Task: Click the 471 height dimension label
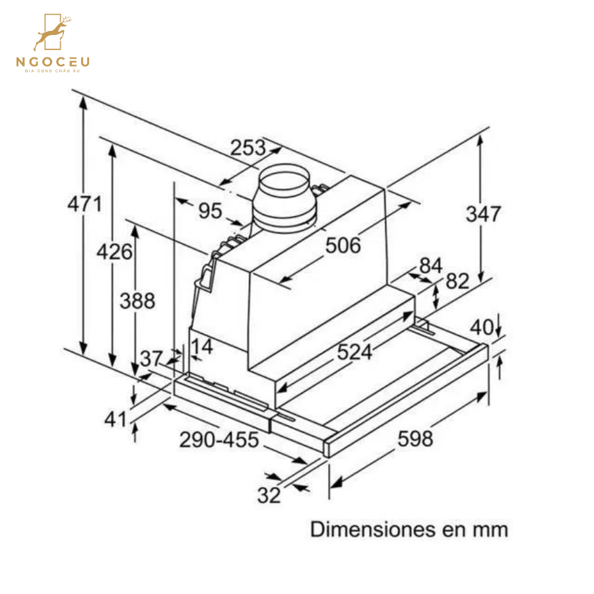[84, 204]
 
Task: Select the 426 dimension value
[114, 251]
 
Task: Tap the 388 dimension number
[137, 300]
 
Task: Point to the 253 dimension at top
[247, 148]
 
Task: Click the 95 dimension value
[210, 211]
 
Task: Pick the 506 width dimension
[343, 246]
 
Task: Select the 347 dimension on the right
[483, 214]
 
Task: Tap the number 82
[456, 281]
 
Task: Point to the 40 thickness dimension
[482, 327]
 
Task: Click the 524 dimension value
[354, 352]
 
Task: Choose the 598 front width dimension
[414, 438]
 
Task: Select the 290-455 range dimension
[219, 440]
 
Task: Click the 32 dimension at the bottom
[269, 495]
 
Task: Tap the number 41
[115, 418]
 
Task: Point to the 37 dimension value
[151, 359]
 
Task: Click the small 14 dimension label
[203, 346]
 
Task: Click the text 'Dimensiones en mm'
[409, 529]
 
